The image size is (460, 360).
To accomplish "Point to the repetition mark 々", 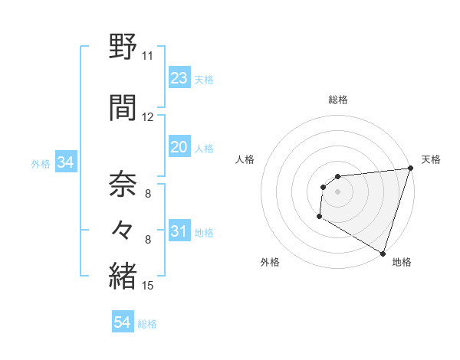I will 123,229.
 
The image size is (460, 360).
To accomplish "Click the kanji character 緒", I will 123,277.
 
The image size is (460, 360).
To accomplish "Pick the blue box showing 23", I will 179,78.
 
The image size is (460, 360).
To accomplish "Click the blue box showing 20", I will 179,147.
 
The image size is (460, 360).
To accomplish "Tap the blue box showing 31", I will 179,231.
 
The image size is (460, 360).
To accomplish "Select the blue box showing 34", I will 65,162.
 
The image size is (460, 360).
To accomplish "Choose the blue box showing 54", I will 123,322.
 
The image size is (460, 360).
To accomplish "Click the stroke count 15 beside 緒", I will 148,286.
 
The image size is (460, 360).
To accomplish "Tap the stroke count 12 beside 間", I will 148,117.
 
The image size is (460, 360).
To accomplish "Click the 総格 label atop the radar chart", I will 337,100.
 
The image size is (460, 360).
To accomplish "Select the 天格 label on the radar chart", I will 431,159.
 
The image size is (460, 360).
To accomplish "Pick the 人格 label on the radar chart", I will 245,159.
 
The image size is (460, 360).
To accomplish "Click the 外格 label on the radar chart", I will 270,262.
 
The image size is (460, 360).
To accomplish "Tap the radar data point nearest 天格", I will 410,169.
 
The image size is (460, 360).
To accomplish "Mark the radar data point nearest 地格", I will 383,253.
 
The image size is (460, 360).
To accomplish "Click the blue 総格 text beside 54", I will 147,324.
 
